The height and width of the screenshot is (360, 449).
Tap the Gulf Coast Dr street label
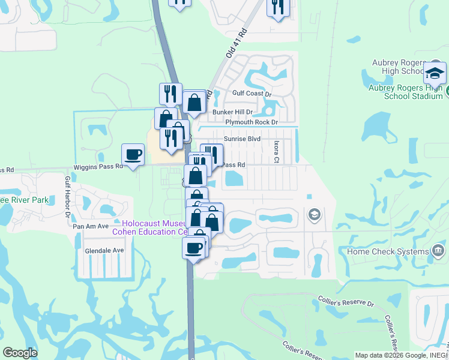click(x=252, y=94)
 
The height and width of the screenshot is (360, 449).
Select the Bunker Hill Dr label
click(x=232, y=112)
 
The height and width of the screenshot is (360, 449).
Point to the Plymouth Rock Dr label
click(x=252, y=122)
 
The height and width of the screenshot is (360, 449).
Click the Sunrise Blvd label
click(x=242, y=139)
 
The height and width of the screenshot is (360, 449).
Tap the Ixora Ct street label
click(x=277, y=152)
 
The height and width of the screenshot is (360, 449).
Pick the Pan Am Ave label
click(x=90, y=226)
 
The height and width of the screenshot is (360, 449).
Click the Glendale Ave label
click(x=104, y=250)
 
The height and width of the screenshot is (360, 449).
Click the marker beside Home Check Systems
click(x=438, y=250)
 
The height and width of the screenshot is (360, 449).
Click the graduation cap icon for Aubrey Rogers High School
click(x=435, y=74)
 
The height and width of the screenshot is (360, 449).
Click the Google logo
click(x=20, y=353)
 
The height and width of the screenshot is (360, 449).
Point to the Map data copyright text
click(x=401, y=355)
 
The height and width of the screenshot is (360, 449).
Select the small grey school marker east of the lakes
click(x=314, y=214)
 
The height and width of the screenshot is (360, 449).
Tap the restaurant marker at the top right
click(x=278, y=7)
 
